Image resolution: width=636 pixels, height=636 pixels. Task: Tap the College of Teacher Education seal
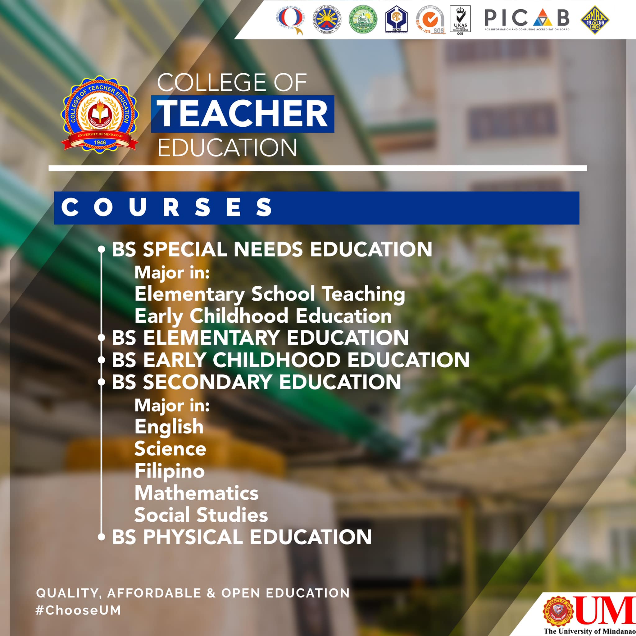pyautogui.click(x=100, y=113)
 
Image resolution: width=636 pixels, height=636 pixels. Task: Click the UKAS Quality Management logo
pyautogui.click(x=460, y=20)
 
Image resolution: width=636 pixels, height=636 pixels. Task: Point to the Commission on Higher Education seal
pyautogui.click(x=327, y=20)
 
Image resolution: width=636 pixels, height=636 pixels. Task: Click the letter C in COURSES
pyautogui.click(x=70, y=208)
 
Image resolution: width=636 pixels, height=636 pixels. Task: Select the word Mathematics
pyautogui.click(x=197, y=493)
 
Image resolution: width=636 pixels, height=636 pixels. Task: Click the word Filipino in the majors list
pyautogui.click(x=170, y=471)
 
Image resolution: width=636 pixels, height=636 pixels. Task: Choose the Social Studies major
pyautogui.click(x=201, y=515)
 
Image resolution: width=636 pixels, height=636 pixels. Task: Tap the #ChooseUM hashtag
pyautogui.click(x=78, y=610)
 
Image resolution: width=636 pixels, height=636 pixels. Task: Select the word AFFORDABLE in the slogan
pyautogui.click(x=154, y=593)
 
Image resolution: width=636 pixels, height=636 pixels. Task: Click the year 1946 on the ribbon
pyautogui.click(x=100, y=142)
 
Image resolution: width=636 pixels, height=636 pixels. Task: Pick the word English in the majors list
pyautogui.click(x=169, y=427)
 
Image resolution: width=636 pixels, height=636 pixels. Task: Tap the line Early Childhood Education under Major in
pyautogui.click(x=263, y=316)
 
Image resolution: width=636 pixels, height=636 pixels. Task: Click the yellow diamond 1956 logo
pyautogui.click(x=595, y=20)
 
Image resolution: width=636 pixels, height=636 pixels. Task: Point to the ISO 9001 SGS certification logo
pyautogui.click(x=429, y=20)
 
